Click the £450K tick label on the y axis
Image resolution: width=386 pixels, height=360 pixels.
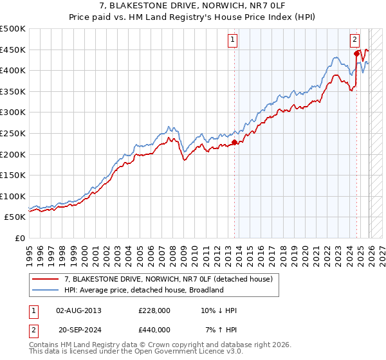pos(13,50)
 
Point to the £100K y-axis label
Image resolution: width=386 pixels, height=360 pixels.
pos(13,196)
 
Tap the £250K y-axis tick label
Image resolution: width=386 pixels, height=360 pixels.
pos(13,133)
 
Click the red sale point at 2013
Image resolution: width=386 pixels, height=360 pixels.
pos(234,142)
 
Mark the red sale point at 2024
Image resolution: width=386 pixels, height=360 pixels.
pos(356,53)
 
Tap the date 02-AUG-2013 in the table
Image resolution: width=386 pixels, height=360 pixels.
pos(78,310)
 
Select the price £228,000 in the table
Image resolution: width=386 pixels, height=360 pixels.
pos(154,310)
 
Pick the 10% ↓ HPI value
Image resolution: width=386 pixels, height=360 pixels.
pos(219,310)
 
